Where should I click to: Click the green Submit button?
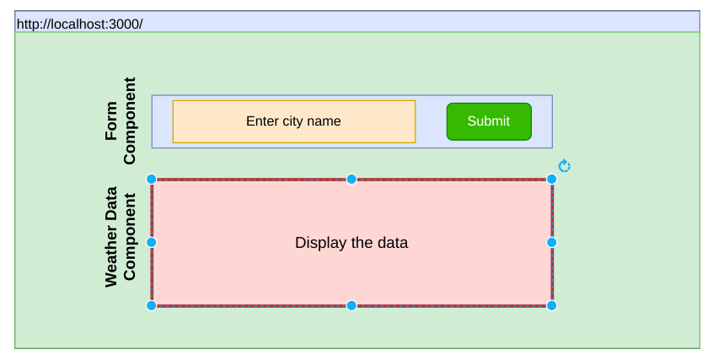489,121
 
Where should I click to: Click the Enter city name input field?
293,121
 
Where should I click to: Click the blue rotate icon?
565,166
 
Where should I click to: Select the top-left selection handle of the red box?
152,179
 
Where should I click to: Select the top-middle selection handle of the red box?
351,179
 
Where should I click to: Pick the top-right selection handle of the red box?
552,179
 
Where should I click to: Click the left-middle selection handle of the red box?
152,242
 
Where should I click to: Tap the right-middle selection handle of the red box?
552,242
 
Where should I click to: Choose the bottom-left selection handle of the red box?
152,305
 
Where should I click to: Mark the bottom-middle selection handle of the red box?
351,305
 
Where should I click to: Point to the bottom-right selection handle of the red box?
552,305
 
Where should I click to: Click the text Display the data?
351,243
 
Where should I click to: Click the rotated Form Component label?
121,121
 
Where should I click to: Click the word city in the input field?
294,121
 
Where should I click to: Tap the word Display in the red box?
319,243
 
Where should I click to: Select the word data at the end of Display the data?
392,243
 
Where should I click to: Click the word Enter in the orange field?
262,121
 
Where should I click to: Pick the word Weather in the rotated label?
112,258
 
